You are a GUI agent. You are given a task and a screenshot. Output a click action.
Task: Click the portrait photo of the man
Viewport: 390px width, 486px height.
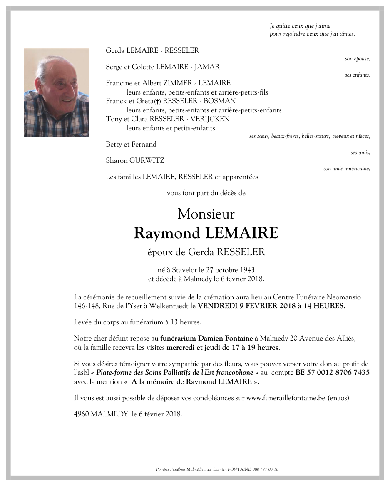[57, 92]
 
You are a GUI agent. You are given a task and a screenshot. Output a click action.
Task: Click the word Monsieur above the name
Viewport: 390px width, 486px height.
[206, 214]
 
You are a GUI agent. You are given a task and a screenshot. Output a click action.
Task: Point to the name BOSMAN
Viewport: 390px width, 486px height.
[223, 101]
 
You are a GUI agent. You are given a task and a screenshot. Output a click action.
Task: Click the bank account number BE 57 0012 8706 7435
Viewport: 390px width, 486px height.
[333, 372]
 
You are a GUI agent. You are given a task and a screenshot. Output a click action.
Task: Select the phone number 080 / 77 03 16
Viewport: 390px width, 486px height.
[265, 469]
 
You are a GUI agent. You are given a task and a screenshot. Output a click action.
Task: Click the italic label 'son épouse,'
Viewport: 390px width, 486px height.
[357, 59]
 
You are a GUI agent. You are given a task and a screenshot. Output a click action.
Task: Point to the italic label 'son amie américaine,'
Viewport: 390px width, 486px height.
[346, 169]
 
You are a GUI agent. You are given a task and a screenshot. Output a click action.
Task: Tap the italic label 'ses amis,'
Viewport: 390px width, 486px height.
[360, 152]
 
